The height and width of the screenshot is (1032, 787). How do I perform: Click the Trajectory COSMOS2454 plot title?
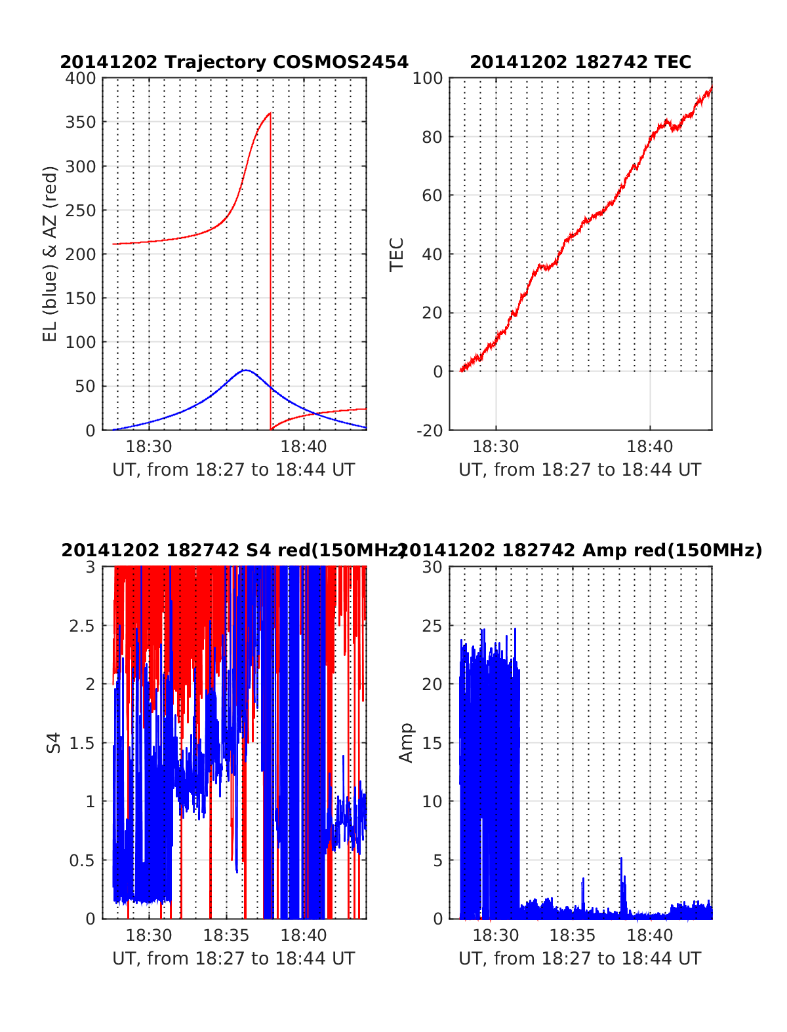234,62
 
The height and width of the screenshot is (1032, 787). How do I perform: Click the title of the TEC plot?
580,62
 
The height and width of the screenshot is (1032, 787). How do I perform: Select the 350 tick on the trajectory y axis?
81,123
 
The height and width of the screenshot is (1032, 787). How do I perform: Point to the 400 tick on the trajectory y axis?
81,79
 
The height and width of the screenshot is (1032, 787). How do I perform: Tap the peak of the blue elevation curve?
245,370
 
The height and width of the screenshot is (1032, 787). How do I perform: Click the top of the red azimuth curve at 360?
270,113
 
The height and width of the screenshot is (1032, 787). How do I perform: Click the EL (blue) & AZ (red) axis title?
50,254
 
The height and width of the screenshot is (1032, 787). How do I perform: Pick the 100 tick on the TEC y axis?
428,79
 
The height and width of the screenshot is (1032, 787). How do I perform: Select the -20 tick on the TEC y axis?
428,430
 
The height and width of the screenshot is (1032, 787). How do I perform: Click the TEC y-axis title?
397,254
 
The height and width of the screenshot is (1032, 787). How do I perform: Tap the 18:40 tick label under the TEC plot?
649,447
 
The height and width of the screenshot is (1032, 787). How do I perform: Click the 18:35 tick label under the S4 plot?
226,935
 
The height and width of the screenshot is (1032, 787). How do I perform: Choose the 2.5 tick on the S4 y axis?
82,626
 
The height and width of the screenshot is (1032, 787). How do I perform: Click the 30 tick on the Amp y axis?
431,567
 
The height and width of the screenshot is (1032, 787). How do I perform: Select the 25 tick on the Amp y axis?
431,626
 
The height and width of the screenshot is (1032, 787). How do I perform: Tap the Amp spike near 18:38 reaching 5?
620,858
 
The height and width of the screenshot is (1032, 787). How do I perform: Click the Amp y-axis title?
407,743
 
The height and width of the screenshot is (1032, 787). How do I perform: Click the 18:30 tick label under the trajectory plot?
149,447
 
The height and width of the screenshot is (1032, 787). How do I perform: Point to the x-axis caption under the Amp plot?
580,959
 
